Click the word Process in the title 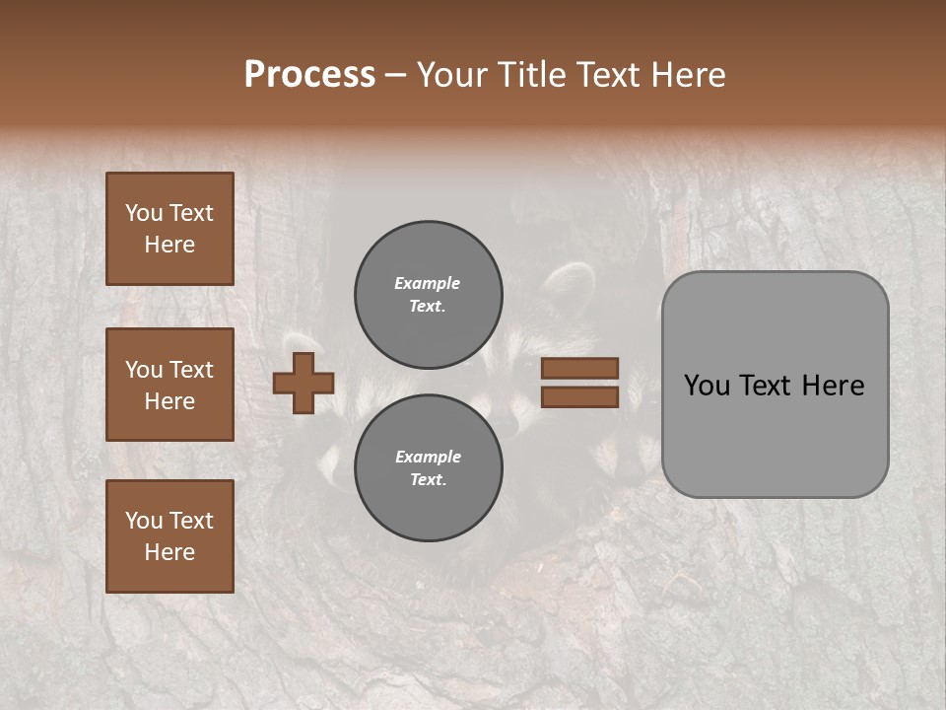coord(309,75)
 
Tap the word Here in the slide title coord(687,75)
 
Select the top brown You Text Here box coord(169,229)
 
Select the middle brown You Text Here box coord(169,385)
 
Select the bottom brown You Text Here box coord(169,536)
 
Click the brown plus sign coord(303,383)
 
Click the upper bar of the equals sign coord(579,369)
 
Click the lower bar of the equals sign coord(579,397)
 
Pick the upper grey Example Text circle coord(428,295)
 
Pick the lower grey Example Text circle coord(428,468)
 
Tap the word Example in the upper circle coord(427,283)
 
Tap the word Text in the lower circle coord(427,479)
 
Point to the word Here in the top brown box coord(169,245)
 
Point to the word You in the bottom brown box coord(144,521)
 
